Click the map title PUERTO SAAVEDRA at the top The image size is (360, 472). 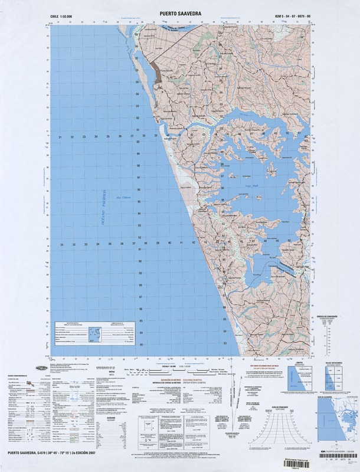[x=179, y=10]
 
